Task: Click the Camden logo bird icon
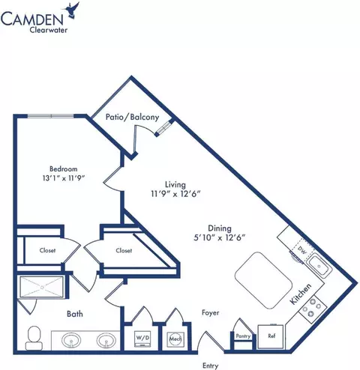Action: click(73, 12)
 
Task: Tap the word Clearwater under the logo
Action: click(49, 30)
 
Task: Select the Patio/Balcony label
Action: click(132, 117)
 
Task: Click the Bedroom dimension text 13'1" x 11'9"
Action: click(64, 178)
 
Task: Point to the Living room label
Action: click(175, 185)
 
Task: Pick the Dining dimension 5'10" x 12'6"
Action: click(220, 237)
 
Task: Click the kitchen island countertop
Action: click(263, 280)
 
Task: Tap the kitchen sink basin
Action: click(319, 267)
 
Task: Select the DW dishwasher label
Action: click(302, 251)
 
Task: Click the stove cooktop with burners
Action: click(313, 307)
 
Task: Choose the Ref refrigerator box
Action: click(271, 336)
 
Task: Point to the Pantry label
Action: click(243, 336)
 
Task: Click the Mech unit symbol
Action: click(175, 339)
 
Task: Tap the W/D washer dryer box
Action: click(143, 339)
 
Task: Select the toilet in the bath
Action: click(34, 338)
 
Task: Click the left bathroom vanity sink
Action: click(71, 340)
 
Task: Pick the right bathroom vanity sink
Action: click(106, 340)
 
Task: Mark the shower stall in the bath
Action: click(42, 287)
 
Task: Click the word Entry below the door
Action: click(211, 366)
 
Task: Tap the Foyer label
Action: click(211, 312)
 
